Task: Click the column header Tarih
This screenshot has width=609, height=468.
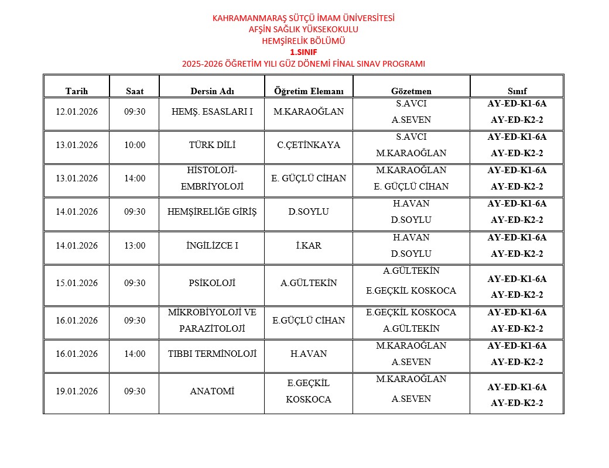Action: [x=76, y=91]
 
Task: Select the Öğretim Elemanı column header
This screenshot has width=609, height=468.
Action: [x=309, y=91]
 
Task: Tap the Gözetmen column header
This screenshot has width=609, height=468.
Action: [x=411, y=91]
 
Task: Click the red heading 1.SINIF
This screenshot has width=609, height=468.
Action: [x=303, y=52]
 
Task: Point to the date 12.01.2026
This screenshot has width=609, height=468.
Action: [x=76, y=111]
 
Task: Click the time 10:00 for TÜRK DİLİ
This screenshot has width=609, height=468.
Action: [x=135, y=145]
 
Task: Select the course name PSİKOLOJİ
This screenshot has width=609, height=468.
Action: [x=211, y=283]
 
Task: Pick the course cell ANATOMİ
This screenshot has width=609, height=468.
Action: [x=211, y=391]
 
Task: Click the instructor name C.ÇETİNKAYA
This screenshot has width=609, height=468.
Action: [x=309, y=145]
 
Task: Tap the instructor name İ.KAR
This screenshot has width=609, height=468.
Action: [x=309, y=246]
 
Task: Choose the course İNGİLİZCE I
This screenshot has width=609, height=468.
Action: [x=211, y=246]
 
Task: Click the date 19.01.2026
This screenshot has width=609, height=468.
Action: [x=76, y=391]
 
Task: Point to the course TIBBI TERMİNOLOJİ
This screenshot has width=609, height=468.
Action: [x=211, y=354]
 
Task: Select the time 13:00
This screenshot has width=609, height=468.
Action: [x=135, y=246]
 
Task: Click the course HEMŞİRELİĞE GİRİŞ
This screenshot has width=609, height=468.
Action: [x=211, y=212]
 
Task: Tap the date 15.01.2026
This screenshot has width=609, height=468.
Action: [x=76, y=283]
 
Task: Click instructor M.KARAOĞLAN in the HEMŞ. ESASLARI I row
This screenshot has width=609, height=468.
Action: [x=309, y=111]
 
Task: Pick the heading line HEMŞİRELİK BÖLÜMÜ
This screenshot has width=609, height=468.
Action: [x=303, y=41]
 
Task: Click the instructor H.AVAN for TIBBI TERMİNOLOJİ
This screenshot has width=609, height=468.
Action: [x=309, y=354]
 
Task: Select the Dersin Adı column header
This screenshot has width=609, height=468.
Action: [x=211, y=91]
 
